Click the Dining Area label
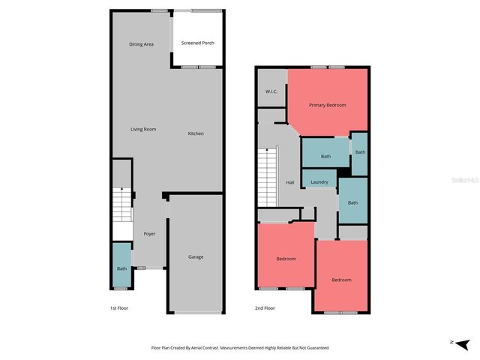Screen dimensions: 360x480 click(141, 44)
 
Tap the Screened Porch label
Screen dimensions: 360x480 click(197, 43)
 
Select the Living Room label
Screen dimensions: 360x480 click(143, 130)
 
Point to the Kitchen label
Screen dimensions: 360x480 click(196, 133)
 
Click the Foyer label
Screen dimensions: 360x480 click(150, 234)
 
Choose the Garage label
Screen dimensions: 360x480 click(196, 257)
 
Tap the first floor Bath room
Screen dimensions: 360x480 click(121, 268)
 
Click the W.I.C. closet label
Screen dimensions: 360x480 click(271, 91)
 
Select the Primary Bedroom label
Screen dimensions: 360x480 click(328, 105)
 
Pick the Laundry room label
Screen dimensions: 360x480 click(319, 182)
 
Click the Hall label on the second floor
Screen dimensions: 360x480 click(289, 182)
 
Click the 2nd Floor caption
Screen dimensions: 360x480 click(265, 308)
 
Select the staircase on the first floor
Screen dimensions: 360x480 click(121, 205)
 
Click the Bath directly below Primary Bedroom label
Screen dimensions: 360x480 click(325, 156)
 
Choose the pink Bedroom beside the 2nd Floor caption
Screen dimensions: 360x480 click(286, 259)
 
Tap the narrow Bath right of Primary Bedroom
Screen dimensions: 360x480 click(360, 152)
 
